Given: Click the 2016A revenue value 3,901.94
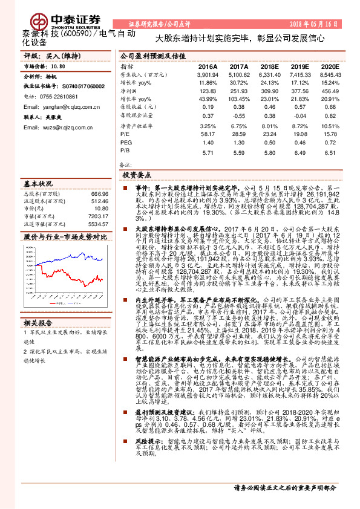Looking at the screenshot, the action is (207, 74).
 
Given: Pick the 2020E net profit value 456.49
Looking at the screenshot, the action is (328, 90).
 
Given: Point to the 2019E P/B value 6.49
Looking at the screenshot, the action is (299, 154).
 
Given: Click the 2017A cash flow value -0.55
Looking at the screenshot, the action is (240, 115).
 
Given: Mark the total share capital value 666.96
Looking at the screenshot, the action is (98, 193).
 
